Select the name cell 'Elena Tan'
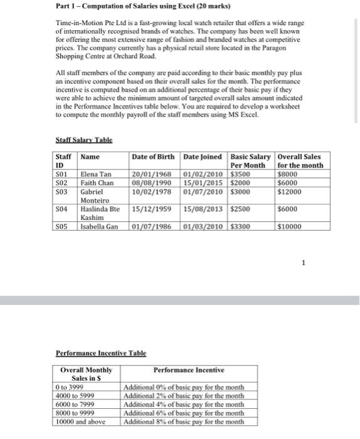pos(96,174)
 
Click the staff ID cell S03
pos(61,191)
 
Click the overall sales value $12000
pos(289,191)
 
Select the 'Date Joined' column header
pos(204,156)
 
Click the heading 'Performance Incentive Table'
pos(101,354)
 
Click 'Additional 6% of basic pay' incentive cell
pos(184,413)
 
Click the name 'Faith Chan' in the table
pos(98,182)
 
